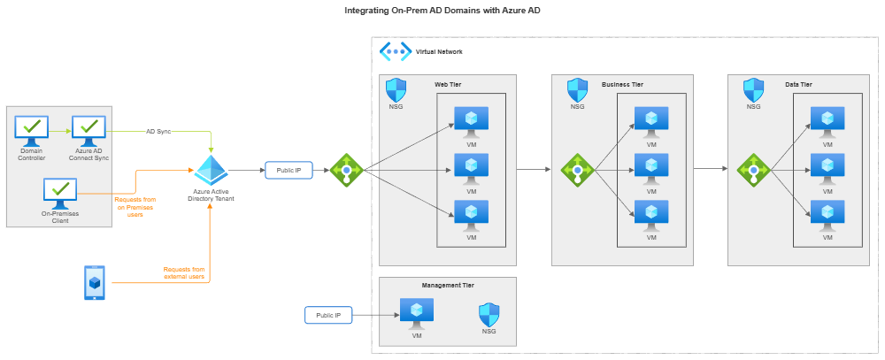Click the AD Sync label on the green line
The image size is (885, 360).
coord(158,131)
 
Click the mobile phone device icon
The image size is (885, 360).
coord(95,282)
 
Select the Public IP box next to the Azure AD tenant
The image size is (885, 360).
coord(289,170)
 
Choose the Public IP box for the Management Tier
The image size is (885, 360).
coord(328,315)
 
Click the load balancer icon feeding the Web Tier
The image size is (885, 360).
coord(345,170)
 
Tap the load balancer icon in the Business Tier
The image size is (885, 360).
coord(578,170)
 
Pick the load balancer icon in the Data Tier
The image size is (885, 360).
coord(753,170)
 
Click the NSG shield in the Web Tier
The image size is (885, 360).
coord(396,90)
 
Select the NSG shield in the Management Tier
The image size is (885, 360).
coord(488,315)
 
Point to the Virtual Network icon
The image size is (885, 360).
coord(395,51)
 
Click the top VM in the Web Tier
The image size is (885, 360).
coord(472,120)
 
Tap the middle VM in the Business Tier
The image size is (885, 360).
coord(651,168)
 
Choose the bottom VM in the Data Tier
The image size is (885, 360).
coord(827,215)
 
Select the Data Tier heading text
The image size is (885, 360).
coord(798,85)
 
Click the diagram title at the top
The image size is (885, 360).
coord(442,10)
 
